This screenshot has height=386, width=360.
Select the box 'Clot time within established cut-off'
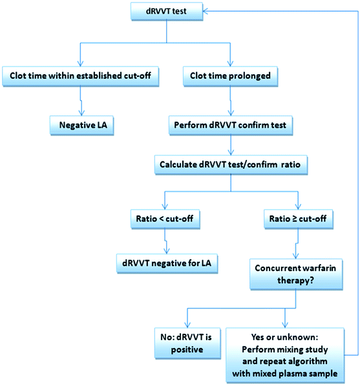pyautogui.click(x=81, y=74)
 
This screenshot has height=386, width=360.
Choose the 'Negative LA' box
pyautogui.click(x=81, y=125)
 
